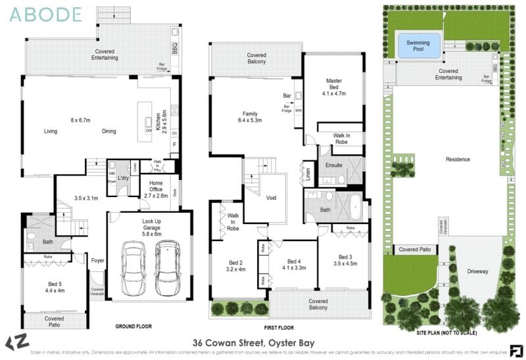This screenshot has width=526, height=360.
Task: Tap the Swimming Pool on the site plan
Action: click(x=418, y=46)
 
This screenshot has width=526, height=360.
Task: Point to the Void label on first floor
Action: click(x=271, y=197)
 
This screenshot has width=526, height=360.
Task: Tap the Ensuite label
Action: click(x=335, y=165)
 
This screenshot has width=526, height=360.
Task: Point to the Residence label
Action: click(x=458, y=160)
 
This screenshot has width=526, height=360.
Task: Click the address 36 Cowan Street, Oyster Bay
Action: click(x=253, y=343)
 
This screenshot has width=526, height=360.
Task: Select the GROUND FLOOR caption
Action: click(x=134, y=326)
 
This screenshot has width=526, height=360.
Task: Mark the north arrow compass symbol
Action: click(x=14, y=343)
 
